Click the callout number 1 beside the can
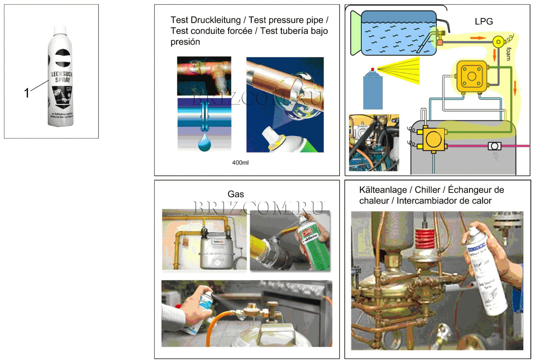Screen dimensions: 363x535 (x=26, y=93)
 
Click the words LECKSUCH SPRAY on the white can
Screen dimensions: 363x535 (x=62, y=77)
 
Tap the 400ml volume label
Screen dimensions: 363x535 (x=240, y=163)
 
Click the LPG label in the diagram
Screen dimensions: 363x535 (x=484, y=21)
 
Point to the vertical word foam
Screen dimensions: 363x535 (x=509, y=54)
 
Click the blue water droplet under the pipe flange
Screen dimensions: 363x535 (x=204, y=143)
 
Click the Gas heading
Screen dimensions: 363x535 (x=236, y=194)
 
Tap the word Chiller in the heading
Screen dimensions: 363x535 (x=427, y=190)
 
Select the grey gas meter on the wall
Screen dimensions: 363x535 (x=217, y=253)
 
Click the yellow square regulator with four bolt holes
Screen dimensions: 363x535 (x=472, y=76)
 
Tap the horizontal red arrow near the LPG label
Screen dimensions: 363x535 (x=478, y=38)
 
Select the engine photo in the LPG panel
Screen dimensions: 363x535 (x=374, y=143)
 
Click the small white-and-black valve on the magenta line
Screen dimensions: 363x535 (x=494, y=146)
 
